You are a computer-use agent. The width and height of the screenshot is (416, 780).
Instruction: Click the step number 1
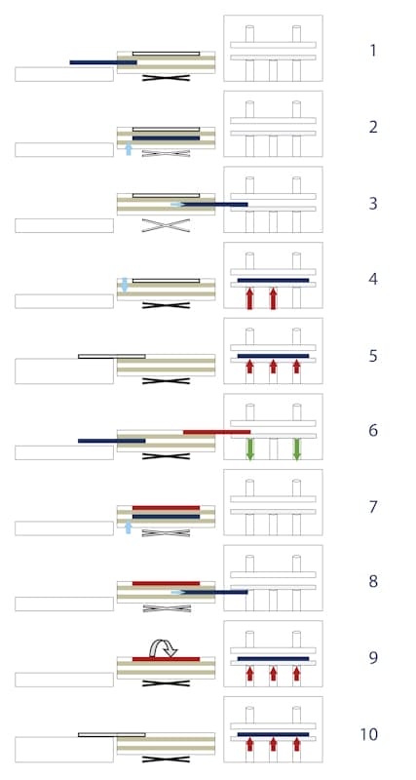[373, 51]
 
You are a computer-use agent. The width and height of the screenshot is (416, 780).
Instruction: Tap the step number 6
[373, 430]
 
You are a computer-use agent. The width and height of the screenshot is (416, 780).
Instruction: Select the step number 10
[369, 734]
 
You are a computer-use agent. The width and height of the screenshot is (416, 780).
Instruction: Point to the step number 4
[373, 279]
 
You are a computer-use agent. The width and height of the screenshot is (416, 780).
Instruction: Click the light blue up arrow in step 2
[129, 148]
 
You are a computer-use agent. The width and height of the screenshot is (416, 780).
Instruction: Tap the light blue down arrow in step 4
[125, 285]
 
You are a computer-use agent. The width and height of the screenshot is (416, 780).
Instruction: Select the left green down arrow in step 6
[250, 449]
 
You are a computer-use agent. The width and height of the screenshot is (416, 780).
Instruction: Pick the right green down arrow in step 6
[297, 449]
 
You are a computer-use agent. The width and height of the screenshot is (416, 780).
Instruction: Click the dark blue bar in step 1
[103, 62]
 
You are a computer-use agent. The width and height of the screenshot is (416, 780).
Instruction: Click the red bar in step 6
[216, 432]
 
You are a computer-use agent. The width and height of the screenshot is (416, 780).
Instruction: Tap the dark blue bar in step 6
[112, 441]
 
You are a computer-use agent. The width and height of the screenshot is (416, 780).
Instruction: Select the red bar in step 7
[166, 508]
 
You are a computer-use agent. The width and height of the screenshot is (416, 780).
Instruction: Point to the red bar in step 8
[166, 583]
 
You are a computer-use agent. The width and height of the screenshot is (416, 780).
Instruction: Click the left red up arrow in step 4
[250, 298]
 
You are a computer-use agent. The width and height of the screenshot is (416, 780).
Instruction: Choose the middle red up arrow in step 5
[273, 367]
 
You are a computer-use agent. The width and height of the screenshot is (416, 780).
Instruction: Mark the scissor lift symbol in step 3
[166, 225]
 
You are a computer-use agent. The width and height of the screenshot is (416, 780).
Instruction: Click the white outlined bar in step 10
[112, 735]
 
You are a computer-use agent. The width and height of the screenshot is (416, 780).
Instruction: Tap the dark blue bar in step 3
[214, 205]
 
